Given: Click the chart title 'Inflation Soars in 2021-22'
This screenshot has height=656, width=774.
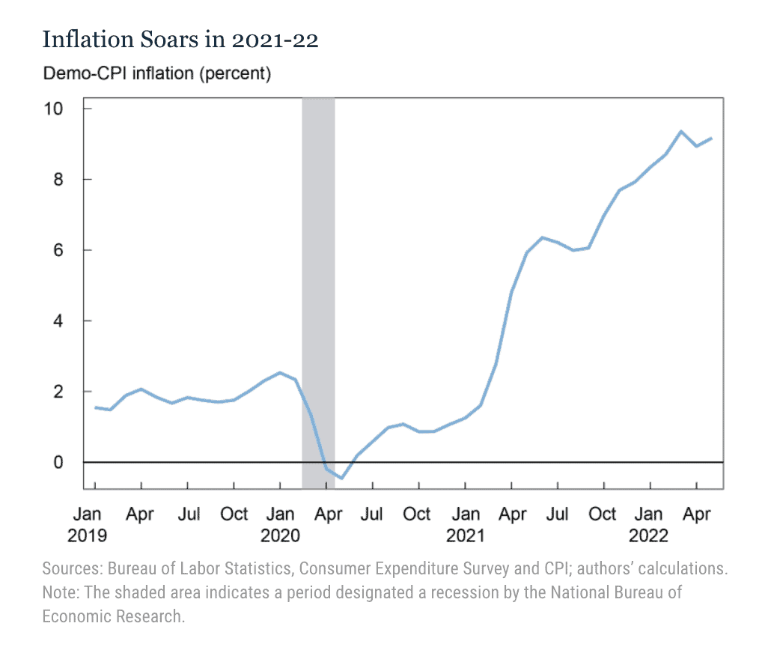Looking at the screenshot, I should click(180, 40).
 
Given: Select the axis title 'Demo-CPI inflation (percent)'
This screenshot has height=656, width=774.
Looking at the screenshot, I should click(156, 74).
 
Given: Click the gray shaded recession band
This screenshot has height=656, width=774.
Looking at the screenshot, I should click(318, 292).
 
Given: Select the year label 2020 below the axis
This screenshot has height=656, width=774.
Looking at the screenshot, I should click(280, 535).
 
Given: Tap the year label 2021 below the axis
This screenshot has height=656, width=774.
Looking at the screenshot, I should click(465, 535).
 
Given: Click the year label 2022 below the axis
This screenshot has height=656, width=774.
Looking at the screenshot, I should click(649, 535).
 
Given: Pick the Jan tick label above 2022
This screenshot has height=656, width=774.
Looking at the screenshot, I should click(649, 514).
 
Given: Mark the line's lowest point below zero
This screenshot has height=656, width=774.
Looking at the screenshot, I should click(341, 478).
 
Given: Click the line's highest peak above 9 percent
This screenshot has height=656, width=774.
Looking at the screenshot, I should click(681, 132).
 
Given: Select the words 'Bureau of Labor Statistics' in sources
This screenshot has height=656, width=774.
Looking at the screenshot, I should click(188, 568).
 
